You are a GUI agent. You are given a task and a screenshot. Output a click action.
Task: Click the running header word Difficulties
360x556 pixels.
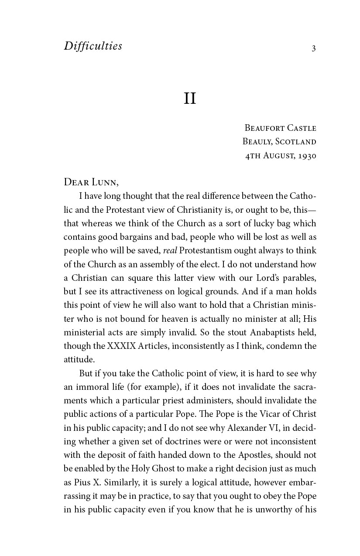pos(93,46)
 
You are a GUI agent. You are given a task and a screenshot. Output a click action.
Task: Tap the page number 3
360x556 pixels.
pos(313,48)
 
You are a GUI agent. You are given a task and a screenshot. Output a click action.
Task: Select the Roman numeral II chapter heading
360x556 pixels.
pos(190,99)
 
